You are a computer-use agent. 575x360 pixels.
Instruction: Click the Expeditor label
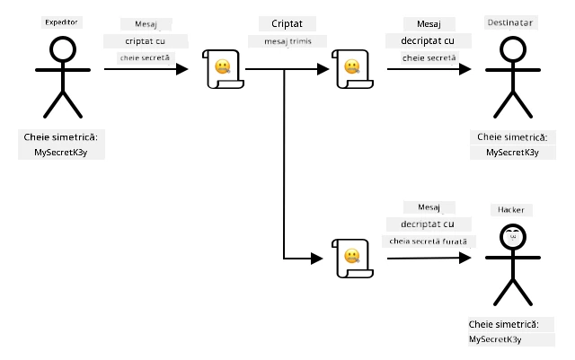point(61,22)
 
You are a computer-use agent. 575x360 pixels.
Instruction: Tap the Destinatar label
point(510,22)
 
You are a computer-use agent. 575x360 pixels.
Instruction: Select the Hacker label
point(511,210)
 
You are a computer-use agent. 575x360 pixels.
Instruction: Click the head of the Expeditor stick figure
point(63,49)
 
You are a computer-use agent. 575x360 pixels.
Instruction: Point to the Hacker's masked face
point(513,237)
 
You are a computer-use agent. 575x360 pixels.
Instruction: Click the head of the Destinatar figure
point(513,49)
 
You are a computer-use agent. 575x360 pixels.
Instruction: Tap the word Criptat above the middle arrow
point(287,24)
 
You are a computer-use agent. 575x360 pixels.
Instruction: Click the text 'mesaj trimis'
point(287,41)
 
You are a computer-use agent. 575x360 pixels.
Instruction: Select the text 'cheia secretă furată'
point(428,241)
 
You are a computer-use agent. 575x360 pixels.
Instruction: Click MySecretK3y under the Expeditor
point(61,153)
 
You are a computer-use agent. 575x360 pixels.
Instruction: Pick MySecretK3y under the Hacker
point(495,339)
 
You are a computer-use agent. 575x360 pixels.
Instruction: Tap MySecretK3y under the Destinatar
point(512,153)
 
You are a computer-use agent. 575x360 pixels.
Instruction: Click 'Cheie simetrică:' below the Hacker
point(503,324)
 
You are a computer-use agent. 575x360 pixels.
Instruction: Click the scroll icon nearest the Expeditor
point(223,69)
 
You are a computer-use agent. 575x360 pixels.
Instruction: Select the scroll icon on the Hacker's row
point(352,259)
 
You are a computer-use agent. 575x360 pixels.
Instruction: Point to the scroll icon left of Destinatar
point(352,69)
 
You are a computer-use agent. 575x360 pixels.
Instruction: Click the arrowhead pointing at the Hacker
point(465,258)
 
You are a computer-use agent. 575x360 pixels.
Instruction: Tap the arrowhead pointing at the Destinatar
point(465,69)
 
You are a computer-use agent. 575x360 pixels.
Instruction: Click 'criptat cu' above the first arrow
point(146,41)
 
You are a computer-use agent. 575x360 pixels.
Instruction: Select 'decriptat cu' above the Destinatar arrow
point(428,41)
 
